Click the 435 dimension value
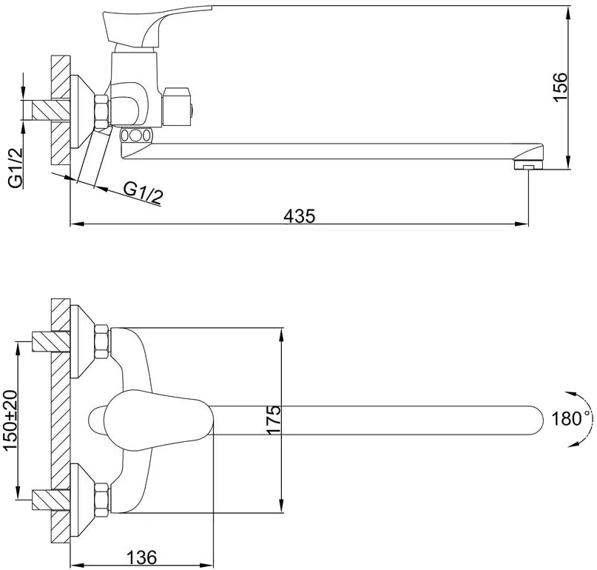300,216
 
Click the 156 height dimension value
560,87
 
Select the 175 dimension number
273,420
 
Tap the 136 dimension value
141,558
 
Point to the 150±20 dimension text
10,420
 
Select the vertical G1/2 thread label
16,167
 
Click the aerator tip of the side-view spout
527,164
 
